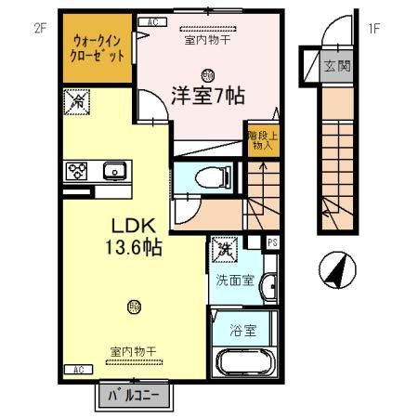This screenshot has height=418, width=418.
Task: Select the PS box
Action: [273, 243]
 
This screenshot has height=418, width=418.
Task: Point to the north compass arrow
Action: [337, 271]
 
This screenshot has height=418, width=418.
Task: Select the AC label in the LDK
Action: [78, 370]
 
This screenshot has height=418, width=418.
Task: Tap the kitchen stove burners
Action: [74, 170]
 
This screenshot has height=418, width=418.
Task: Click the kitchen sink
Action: [114, 170]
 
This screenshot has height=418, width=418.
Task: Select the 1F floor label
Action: [374, 28]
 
